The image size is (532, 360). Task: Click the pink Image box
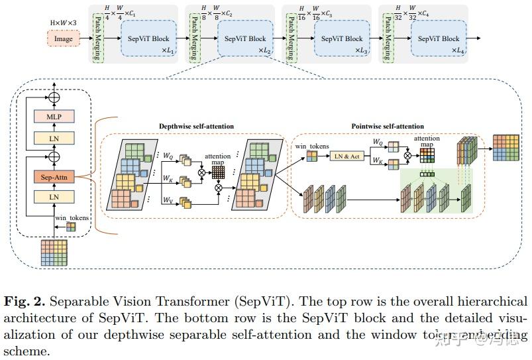[64, 39]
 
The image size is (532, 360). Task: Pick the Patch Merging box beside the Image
[97, 39]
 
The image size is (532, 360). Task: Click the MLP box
[54, 116]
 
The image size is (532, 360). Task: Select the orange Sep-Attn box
[54, 177]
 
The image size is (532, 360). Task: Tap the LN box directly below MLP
[54, 138]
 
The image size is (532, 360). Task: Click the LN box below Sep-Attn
[54, 197]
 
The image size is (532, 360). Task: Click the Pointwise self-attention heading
[388, 126]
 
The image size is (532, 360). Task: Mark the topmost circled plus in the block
[54, 95]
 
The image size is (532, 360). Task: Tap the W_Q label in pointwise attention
[378, 141]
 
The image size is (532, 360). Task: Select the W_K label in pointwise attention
[378, 160]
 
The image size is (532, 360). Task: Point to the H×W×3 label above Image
[63, 22]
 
